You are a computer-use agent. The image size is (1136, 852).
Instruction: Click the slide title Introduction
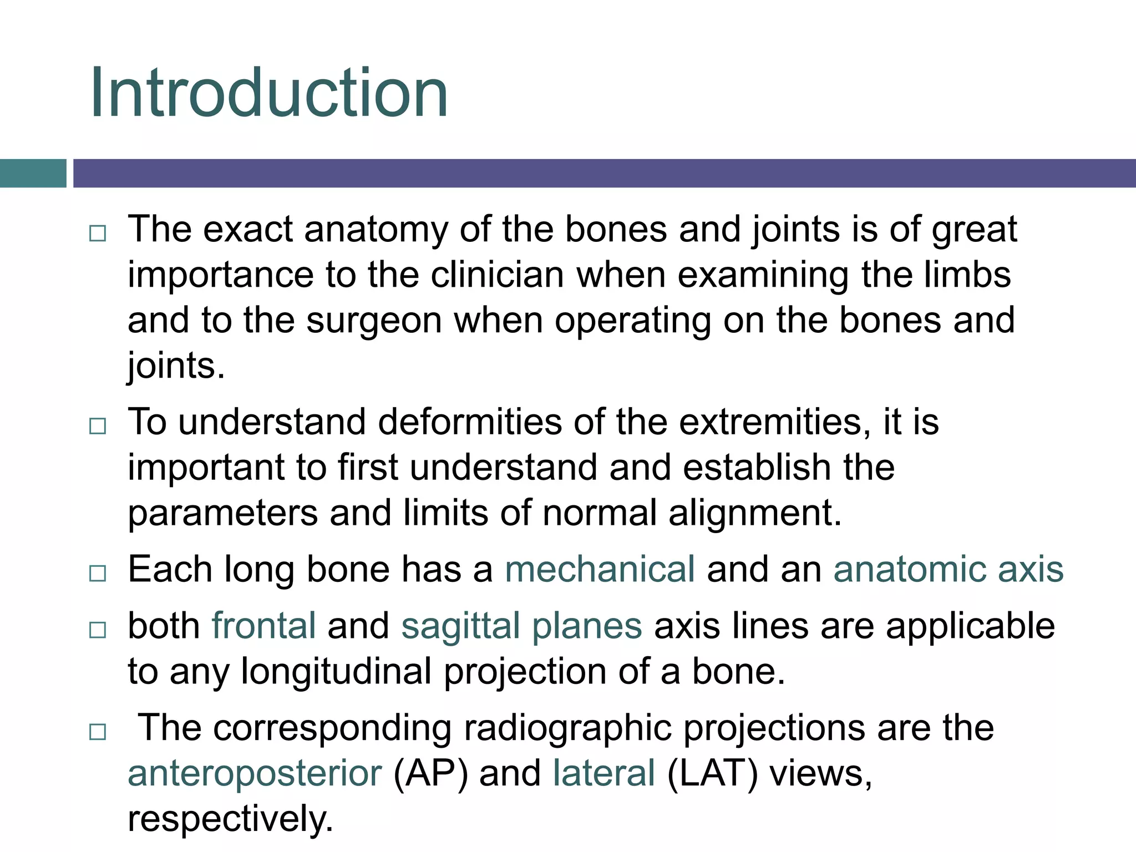[268, 93]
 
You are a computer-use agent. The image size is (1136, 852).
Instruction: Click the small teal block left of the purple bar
[33, 174]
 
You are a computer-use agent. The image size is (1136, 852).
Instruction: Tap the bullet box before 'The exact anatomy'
[98, 234]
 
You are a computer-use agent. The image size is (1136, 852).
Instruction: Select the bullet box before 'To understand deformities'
[98, 426]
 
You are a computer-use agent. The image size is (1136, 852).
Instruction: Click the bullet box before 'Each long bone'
[98, 573]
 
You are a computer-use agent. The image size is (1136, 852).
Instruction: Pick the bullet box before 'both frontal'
[98, 630]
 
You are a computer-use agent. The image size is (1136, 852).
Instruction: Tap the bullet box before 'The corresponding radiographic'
[98, 732]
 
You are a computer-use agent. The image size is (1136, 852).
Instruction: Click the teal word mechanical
[599, 570]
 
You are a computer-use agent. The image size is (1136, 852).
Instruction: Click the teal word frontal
[263, 626]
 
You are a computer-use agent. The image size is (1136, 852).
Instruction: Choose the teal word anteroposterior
[255, 774]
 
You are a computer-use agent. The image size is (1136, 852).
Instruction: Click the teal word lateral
[603, 773]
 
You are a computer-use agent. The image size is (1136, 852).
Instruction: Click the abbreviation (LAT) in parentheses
[712, 774]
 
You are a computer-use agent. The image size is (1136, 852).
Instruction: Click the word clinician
[497, 275]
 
